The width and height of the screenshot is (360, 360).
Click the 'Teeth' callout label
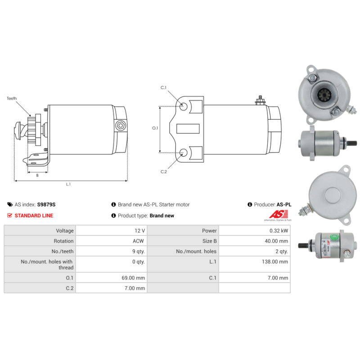pos(12,98)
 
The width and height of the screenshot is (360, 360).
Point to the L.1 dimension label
pos(68,184)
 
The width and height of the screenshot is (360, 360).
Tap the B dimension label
pos(37,175)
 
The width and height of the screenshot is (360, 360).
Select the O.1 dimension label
pos(155,128)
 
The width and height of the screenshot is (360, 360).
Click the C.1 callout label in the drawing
pos(164,88)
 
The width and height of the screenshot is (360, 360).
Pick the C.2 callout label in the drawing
pos(164,171)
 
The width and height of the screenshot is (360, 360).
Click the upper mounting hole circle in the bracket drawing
pos(184,107)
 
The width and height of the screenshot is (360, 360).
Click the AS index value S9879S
pos(46,204)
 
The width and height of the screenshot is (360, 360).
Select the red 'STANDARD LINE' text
pos(34,216)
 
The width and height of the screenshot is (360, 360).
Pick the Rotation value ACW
pos(139,241)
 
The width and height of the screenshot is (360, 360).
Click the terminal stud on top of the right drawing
pos(259,99)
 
